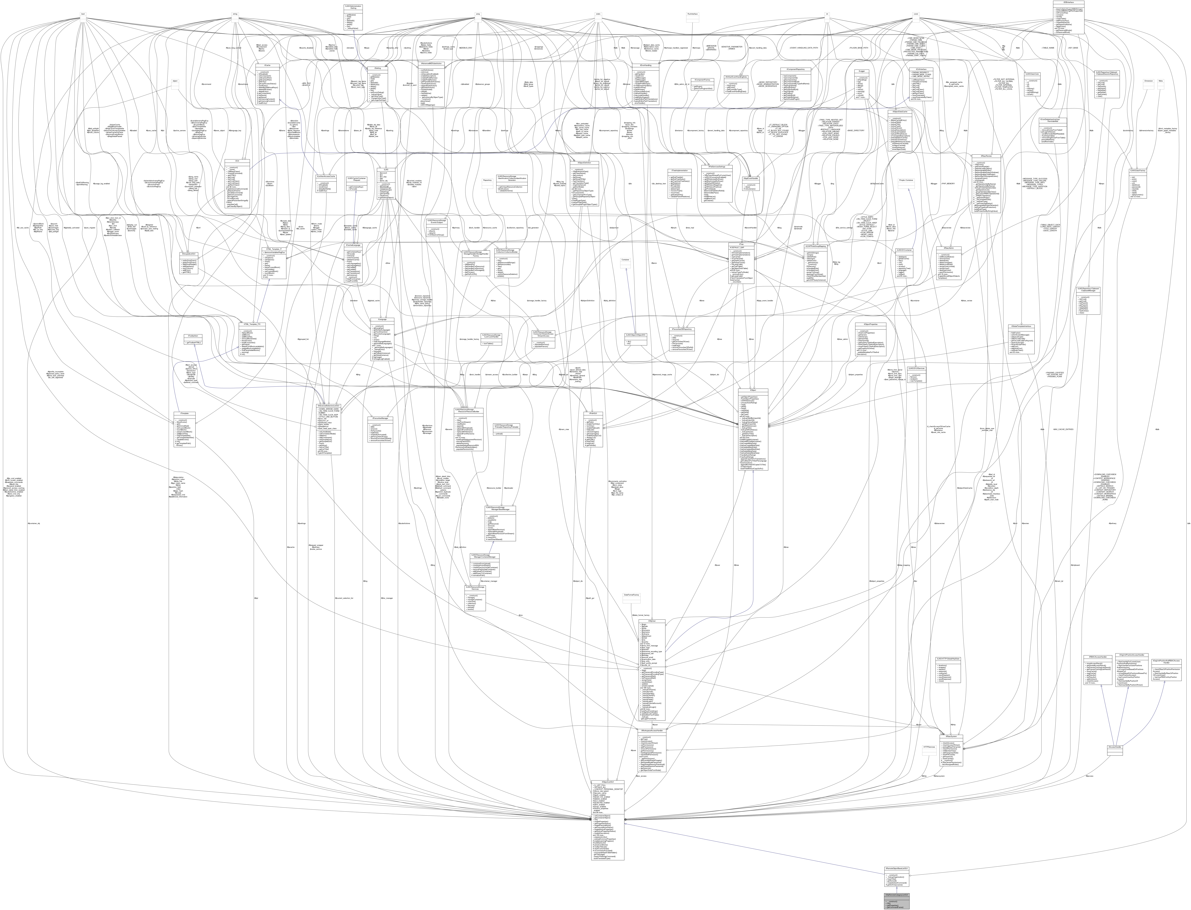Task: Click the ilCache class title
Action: [267, 65]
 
